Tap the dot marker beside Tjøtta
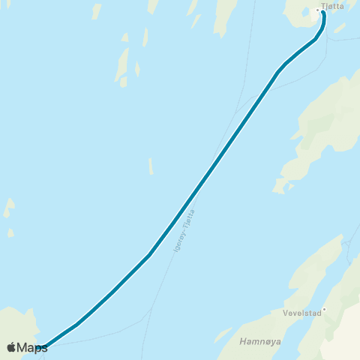click(x=318, y=10)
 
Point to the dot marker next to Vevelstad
click(x=324, y=308)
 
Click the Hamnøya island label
click(x=259, y=341)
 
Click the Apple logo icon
click(x=11, y=347)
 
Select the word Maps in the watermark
click(x=32, y=347)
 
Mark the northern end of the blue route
click(x=323, y=12)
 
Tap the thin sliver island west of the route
click(x=151, y=166)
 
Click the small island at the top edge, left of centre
click(x=96, y=11)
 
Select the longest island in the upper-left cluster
click(x=121, y=65)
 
